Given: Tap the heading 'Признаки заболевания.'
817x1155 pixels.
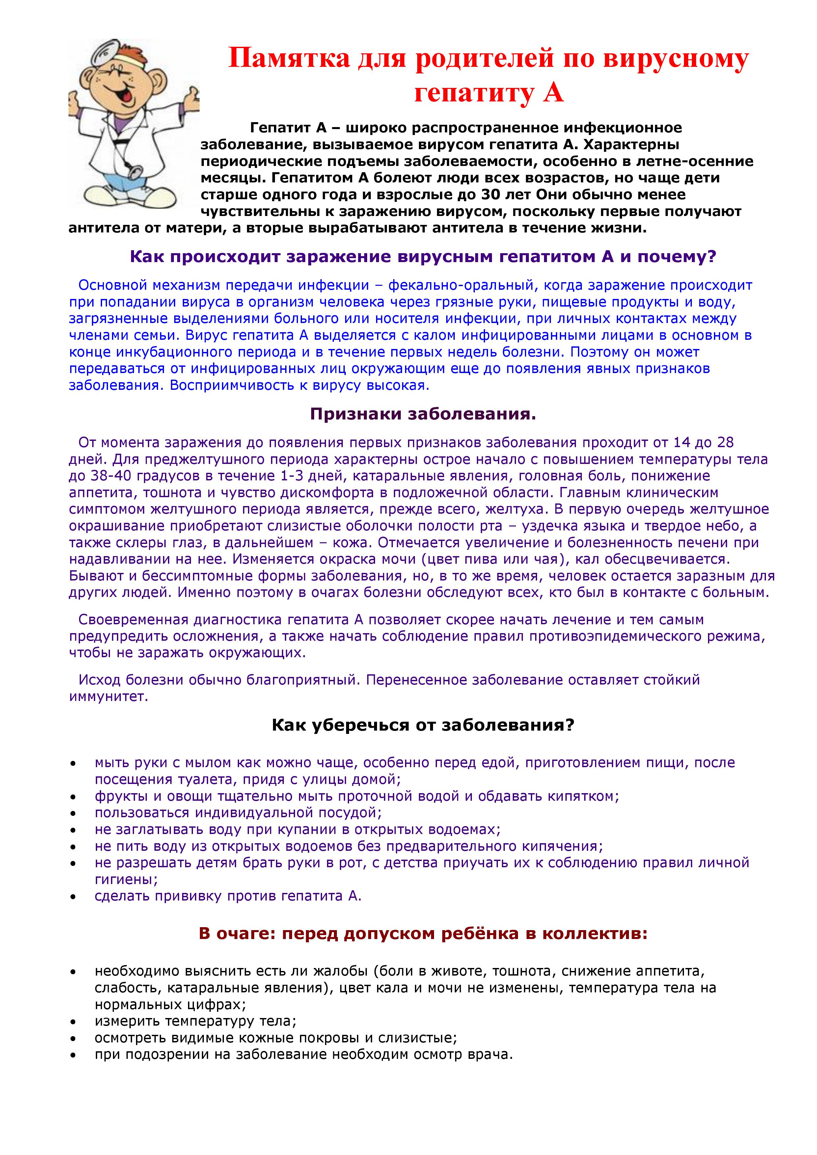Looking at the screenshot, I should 422,414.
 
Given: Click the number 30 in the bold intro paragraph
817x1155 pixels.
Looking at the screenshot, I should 491,194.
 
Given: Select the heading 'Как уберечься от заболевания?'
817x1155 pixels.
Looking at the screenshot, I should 422,725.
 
